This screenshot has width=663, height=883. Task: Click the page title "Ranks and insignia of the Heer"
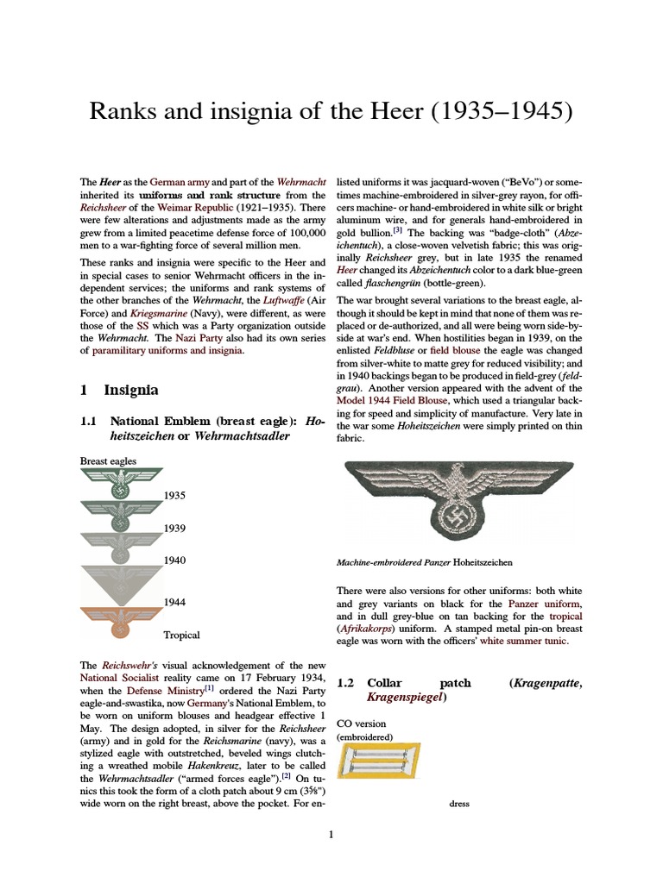[x=331, y=112]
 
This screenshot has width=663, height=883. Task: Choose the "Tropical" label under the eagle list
[x=181, y=635]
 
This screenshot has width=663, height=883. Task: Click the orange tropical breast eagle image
[x=121, y=623]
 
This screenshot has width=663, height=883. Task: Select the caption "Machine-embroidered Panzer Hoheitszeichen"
[x=424, y=562]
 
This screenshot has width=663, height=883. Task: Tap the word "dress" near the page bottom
[x=459, y=805]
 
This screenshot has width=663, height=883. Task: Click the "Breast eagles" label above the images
[x=108, y=461]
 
